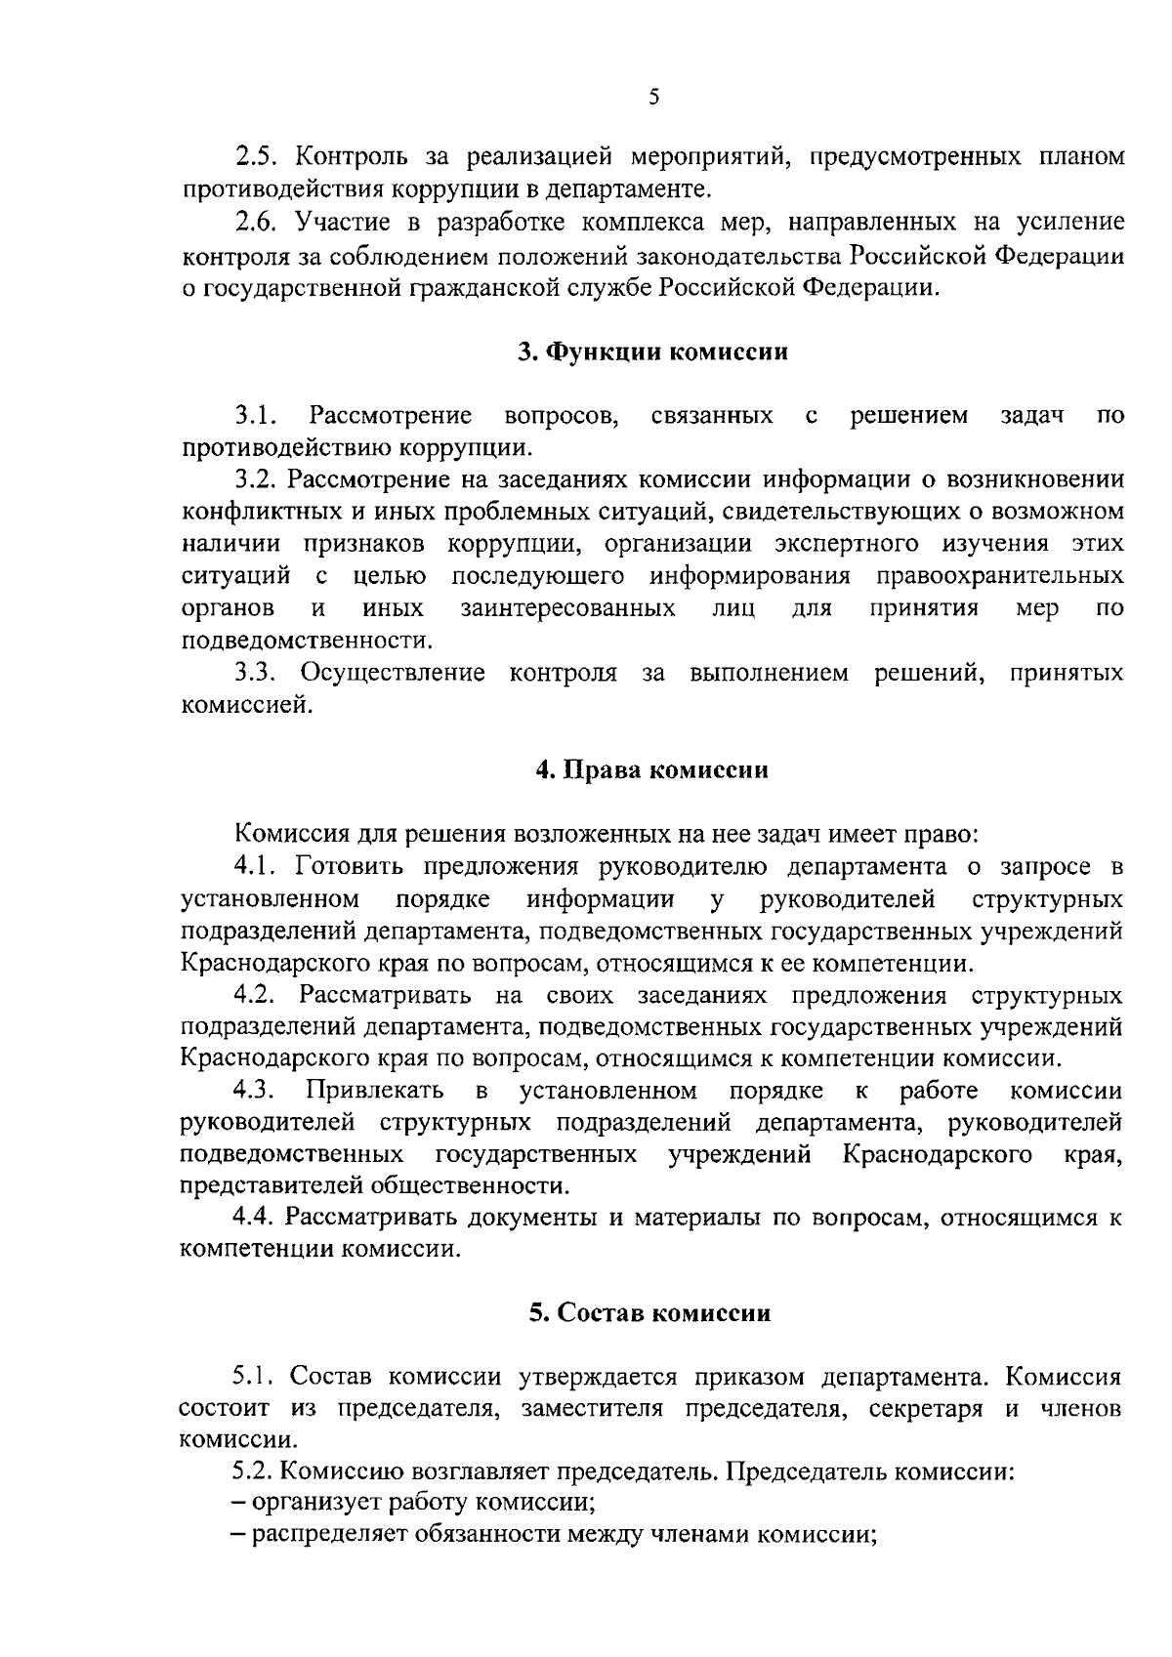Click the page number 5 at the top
[x=653, y=97]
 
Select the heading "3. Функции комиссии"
[x=652, y=352]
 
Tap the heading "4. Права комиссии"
[x=652, y=769]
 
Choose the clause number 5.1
[x=256, y=1378]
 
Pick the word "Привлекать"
[x=376, y=1091]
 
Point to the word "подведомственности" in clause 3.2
[x=306, y=642]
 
